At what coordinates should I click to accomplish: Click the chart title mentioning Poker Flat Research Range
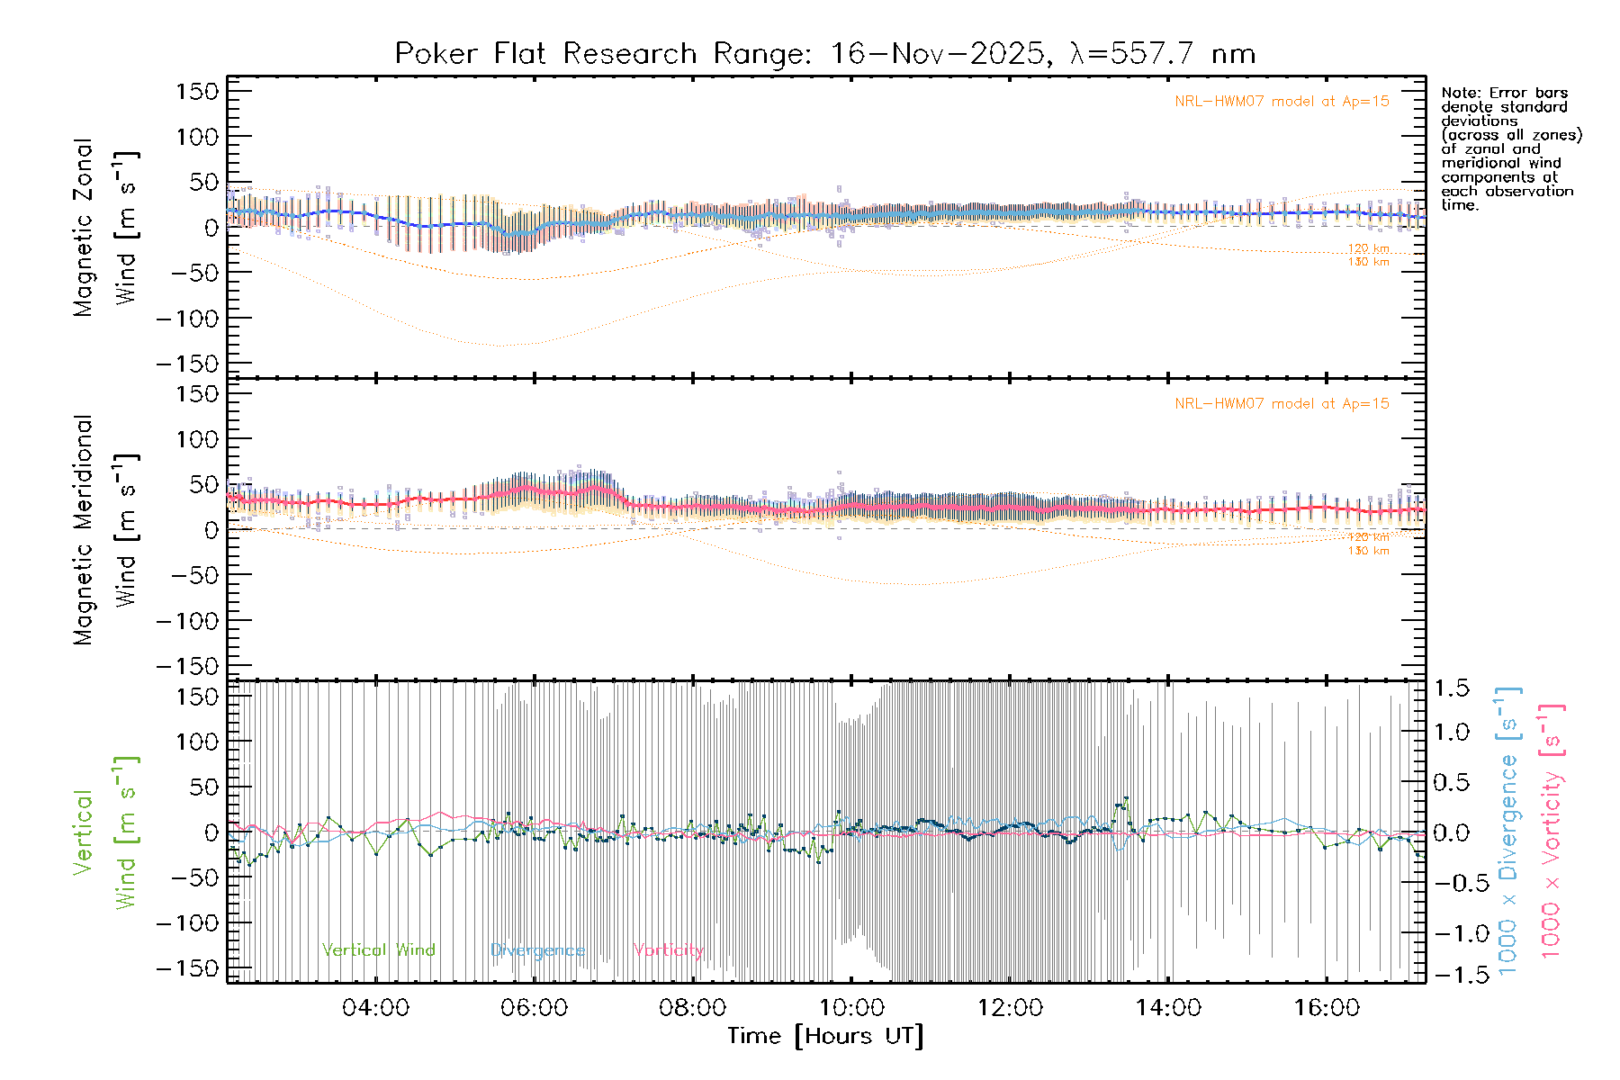[824, 54]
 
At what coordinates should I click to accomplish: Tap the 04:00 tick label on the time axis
[375, 1008]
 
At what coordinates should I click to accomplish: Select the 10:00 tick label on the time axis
[851, 1008]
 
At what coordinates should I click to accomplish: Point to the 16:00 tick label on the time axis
[1327, 1008]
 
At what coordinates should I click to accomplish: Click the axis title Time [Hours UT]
[825, 1036]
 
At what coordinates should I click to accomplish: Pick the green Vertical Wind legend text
[378, 950]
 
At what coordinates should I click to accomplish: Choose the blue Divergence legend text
[537, 950]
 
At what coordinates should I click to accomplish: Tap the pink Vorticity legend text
[668, 950]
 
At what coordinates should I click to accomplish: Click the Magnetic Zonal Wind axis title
[105, 227]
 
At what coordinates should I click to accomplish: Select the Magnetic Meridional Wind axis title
[105, 529]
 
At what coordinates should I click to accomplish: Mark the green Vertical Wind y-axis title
[105, 832]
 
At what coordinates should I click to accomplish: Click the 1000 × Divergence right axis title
[1508, 832]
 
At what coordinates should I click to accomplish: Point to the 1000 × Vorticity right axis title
[1551, 832]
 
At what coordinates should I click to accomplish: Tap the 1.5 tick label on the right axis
[1451, 689]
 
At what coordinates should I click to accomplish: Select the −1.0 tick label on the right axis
[1451, 933]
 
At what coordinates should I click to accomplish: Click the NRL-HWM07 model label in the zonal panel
[1282, 102]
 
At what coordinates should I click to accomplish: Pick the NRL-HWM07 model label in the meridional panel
[1282, 404]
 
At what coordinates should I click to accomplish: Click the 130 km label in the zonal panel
[1368, 262]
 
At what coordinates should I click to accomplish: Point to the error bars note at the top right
[1510, 148]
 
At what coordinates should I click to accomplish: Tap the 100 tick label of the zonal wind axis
[197, 137]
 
